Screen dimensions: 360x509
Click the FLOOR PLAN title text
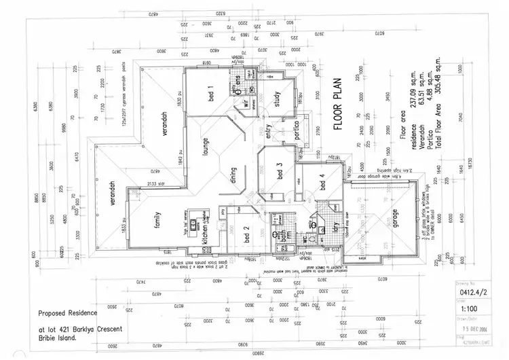pos(337,113)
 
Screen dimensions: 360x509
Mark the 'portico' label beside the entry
pos(297,133)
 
